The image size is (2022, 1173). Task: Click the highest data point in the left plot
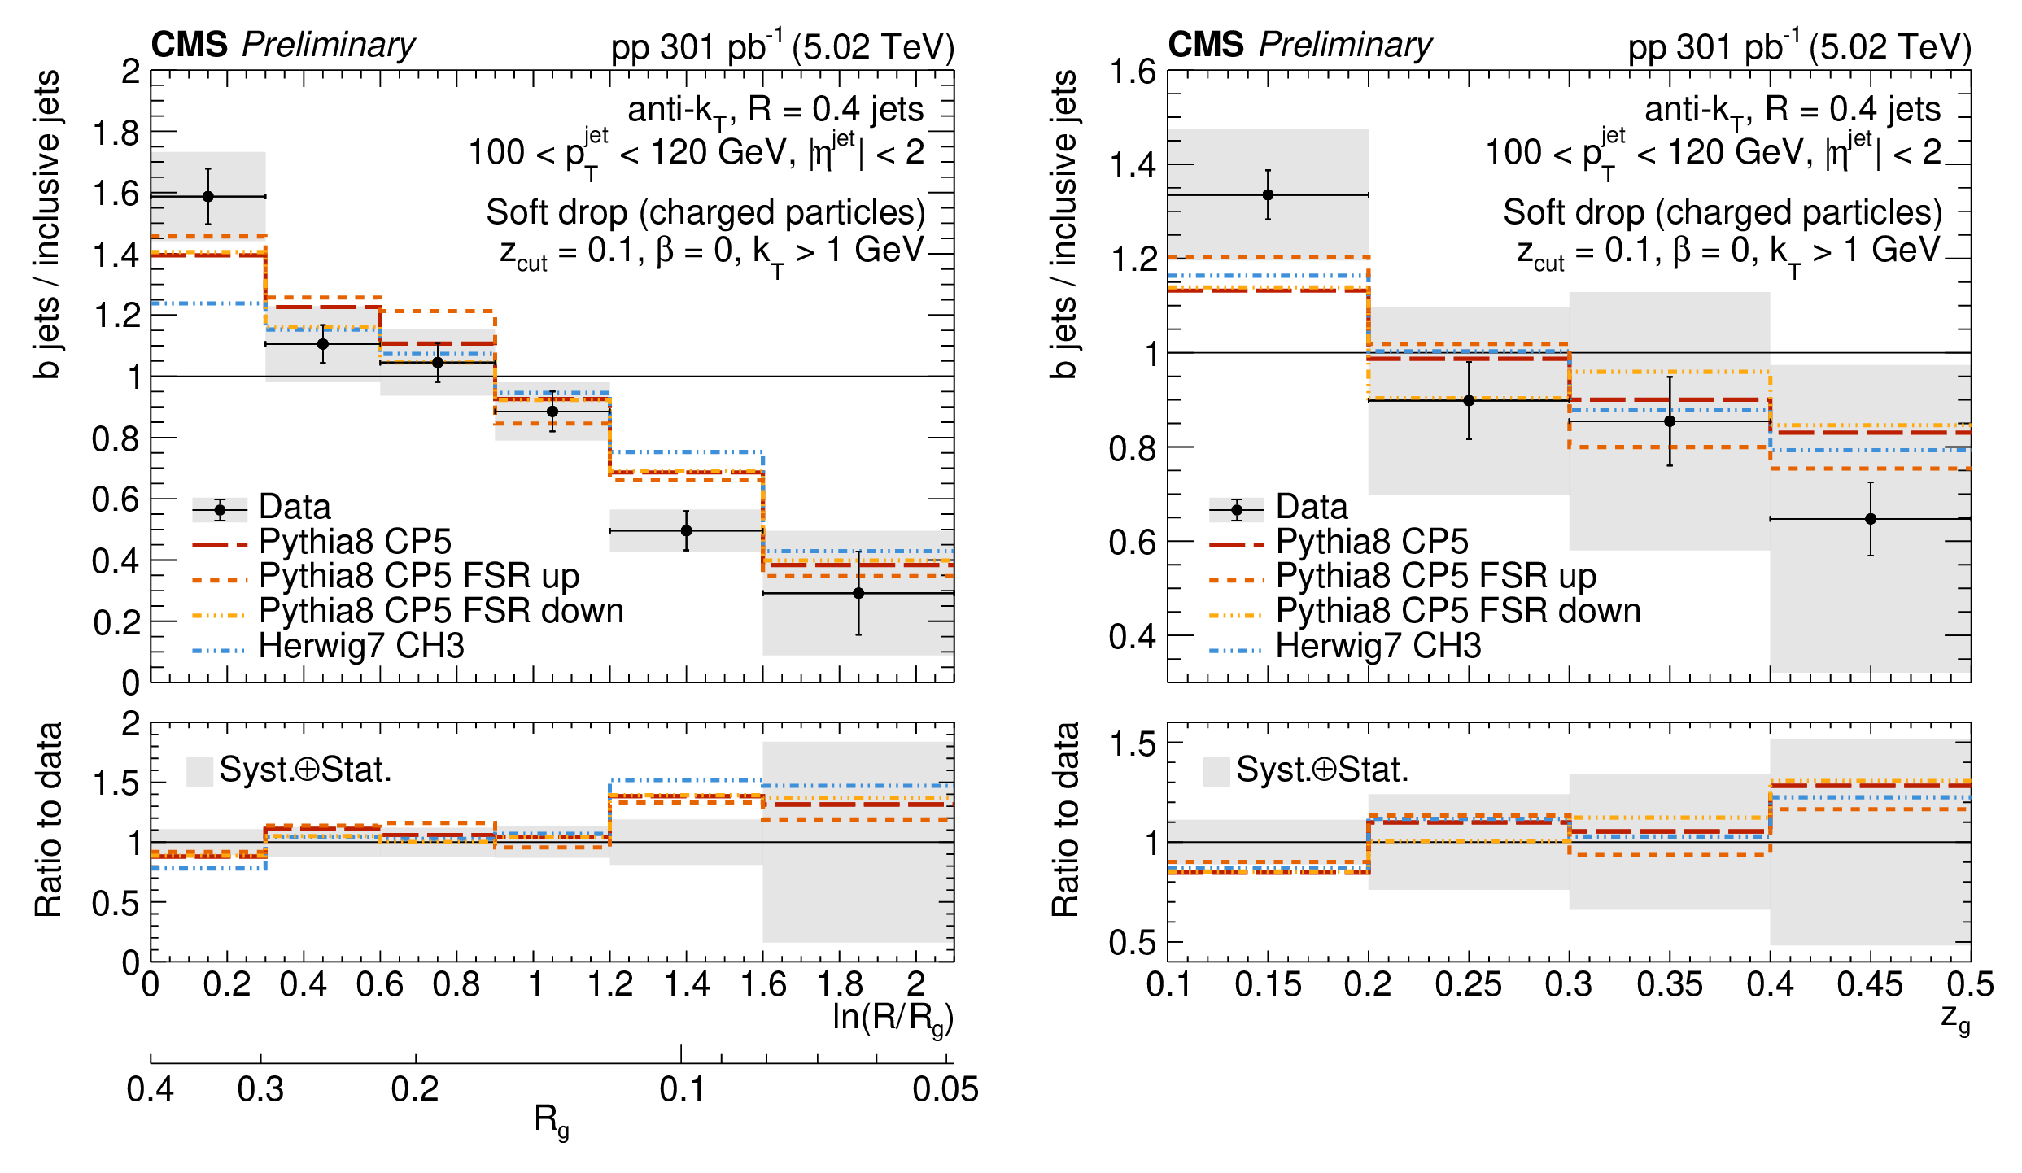pos(208,196)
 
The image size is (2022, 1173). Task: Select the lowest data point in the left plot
pos(858,593)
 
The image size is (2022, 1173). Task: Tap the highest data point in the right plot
pos(1268,194)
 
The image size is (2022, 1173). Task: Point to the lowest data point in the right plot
pos(1871,518)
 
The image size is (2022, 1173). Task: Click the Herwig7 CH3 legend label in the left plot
pos(361,646)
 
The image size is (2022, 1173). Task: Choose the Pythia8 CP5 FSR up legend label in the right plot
pos(1435,576)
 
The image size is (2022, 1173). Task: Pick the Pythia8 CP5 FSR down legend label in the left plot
pos(441,611)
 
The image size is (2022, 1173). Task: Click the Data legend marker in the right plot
pos(1237,511)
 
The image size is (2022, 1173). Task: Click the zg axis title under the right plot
pos(1955,1018)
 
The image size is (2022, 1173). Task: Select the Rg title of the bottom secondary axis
pos(552,1121)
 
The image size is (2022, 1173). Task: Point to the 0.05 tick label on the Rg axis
pos(945,1089)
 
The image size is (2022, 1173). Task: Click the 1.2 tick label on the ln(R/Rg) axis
pos(610,984)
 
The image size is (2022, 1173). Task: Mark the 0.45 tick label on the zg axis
pos(1870,984)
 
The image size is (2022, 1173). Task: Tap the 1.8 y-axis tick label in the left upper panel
pos(116,133)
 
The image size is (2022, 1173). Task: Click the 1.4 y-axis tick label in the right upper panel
pos(1133,165)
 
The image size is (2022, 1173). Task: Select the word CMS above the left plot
pos(189,45)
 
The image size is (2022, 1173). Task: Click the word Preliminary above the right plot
pos(1346,45)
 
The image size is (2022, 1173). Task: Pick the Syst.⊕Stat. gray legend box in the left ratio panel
pos(199,770)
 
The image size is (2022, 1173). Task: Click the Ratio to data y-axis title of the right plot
pos(1065,820)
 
